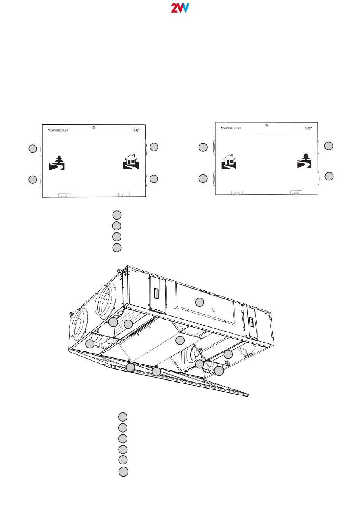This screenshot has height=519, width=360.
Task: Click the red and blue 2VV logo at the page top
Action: (x=180, y=8)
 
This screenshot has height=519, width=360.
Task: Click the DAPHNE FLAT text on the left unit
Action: (x=59, y=130)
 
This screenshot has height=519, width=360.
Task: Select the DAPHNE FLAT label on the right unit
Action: (x=232, y=128)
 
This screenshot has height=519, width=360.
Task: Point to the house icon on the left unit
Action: (x=131, y=162)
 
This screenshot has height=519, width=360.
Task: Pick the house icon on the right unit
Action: (x=229, y=162)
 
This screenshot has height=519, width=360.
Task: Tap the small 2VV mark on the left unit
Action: (x=136, y=130)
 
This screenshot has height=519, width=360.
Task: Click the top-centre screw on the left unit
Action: (x=94, y=127)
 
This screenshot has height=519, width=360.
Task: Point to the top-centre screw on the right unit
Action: (x=267, y=125)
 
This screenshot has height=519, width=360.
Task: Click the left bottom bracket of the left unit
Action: (x=64, y=195)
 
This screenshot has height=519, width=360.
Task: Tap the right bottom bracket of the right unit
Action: (x=296, y=193)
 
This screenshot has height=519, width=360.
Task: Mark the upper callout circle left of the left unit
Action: (x=33, y=149)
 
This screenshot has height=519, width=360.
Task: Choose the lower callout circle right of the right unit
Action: (x=329, y=176)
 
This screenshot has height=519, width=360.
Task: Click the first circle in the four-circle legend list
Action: (x=117, y=215)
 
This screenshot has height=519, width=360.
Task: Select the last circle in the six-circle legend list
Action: (x=123, y=472)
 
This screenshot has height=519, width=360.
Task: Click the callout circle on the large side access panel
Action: (x=199, y=302)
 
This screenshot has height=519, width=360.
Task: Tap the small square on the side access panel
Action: (x=214, y=309)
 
